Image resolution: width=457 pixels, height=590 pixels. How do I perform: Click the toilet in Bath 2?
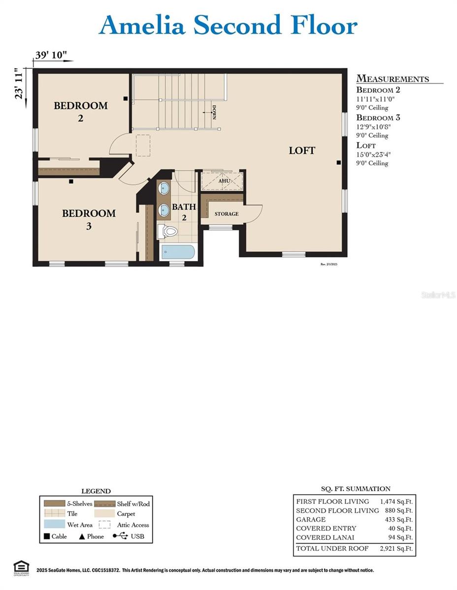168,231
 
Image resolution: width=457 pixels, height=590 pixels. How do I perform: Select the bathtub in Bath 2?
178,252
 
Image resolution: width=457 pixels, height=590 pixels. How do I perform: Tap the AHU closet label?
224,181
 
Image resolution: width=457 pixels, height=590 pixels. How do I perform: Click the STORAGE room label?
227,214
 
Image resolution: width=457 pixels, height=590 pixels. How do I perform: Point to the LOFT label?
302,150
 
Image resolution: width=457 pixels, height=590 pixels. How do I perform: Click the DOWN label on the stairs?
214,113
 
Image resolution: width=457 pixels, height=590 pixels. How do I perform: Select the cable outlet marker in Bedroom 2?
126,99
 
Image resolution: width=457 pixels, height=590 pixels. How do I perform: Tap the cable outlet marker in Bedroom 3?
71,181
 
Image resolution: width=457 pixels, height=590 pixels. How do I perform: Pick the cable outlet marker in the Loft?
339,162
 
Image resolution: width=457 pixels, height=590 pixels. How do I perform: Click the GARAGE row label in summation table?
311,519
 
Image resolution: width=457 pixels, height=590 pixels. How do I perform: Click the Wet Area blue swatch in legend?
54,525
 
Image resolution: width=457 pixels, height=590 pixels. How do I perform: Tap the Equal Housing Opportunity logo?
21,566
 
